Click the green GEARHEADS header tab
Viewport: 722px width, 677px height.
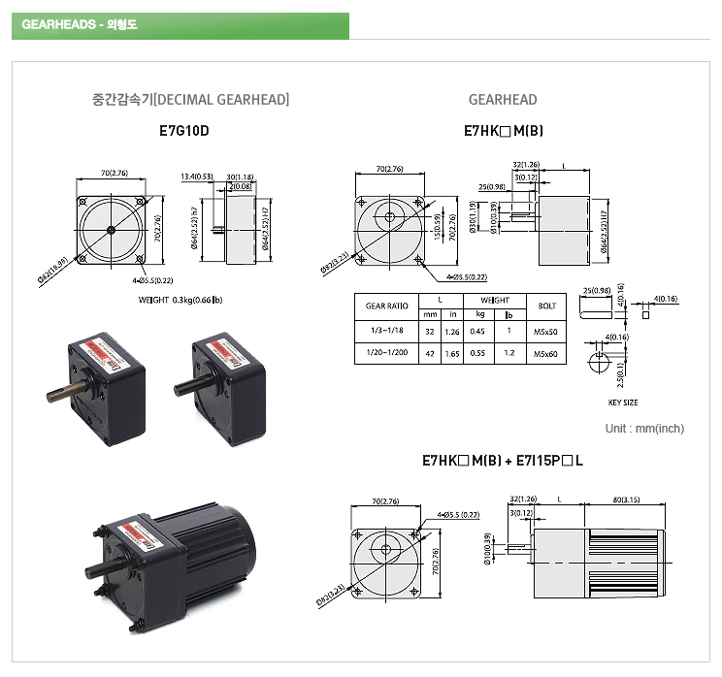(180, 25)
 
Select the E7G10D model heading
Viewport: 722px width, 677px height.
(183, 129)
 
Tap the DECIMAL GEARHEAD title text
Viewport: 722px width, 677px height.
(190, 99)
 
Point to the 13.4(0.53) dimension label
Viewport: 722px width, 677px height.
(197, 177)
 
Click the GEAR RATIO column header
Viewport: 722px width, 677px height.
(386, 306)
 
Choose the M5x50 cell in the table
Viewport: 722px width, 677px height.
(545, 331)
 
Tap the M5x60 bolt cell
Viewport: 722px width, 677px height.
(545, 354)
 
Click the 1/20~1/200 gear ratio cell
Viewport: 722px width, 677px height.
(386, 354)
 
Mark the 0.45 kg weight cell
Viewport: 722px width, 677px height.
(478, 331)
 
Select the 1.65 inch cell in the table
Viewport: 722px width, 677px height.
(451, 354)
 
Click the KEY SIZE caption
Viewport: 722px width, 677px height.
(623, 402)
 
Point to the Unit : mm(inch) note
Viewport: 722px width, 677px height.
(643, 429)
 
